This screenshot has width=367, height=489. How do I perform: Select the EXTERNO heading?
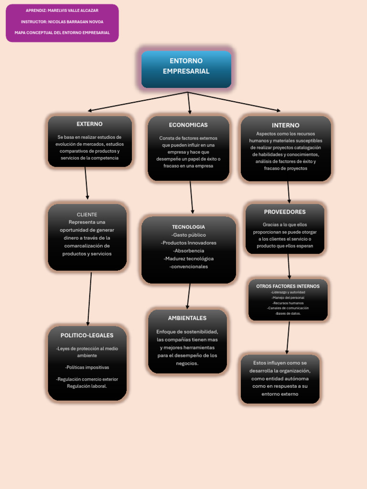pos(89,124)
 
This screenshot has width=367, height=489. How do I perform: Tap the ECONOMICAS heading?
pos(188,125)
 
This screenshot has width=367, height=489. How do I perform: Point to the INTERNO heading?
pos(286,126)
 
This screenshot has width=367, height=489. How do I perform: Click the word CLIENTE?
pos(87,214)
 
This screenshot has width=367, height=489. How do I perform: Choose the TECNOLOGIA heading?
pos(188,227)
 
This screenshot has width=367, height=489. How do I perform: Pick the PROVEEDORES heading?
pos(285,212)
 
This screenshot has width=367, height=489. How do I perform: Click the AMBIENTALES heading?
pos(187,318)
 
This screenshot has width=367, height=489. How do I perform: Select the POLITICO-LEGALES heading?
pos(87,336)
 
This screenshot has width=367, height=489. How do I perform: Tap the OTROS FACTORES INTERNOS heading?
pos(288,286)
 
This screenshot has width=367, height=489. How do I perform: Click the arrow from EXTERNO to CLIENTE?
pos(86,183)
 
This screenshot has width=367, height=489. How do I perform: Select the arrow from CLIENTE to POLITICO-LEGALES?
pos(89,298)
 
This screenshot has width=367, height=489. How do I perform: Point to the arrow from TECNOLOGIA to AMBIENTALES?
pos(189,296)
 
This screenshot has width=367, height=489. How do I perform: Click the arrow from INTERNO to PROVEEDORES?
pos(289,192)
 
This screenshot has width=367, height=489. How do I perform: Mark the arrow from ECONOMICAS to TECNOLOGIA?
pos(191,197)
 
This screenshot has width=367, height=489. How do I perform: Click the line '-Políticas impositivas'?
pos(87,368)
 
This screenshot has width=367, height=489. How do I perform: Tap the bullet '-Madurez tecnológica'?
pos(188,259)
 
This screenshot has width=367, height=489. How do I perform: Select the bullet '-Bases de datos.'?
pos(288,314)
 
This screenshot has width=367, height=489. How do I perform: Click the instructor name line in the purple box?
pos(62,22)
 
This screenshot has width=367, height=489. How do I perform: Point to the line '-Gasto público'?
pos(188,235)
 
